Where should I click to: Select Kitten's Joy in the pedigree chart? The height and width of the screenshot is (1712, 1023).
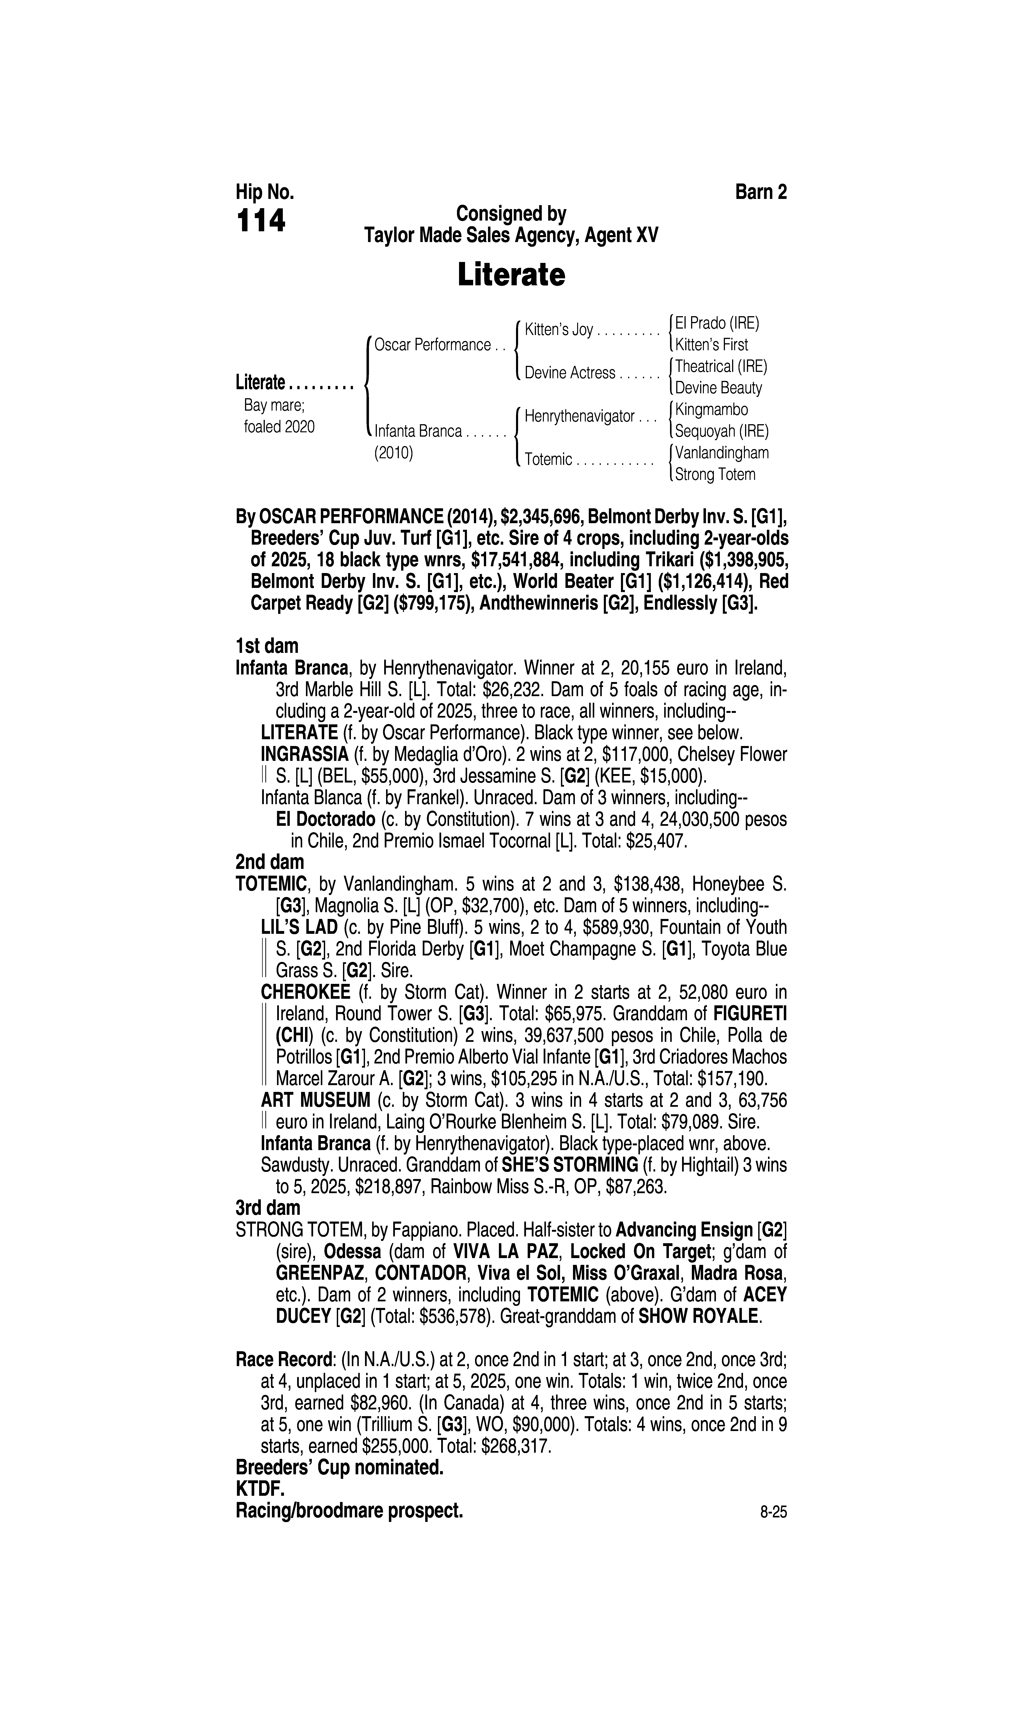point(558,330)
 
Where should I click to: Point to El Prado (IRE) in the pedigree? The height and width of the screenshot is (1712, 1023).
point(717,323)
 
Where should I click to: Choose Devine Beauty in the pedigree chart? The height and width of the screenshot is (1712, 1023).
point(718,388)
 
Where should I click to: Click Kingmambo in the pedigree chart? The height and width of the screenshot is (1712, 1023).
point(711,410)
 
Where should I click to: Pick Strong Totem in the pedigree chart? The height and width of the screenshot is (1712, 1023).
point(715,475)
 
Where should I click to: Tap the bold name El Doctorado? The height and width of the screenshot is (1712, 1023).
point(325,819)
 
